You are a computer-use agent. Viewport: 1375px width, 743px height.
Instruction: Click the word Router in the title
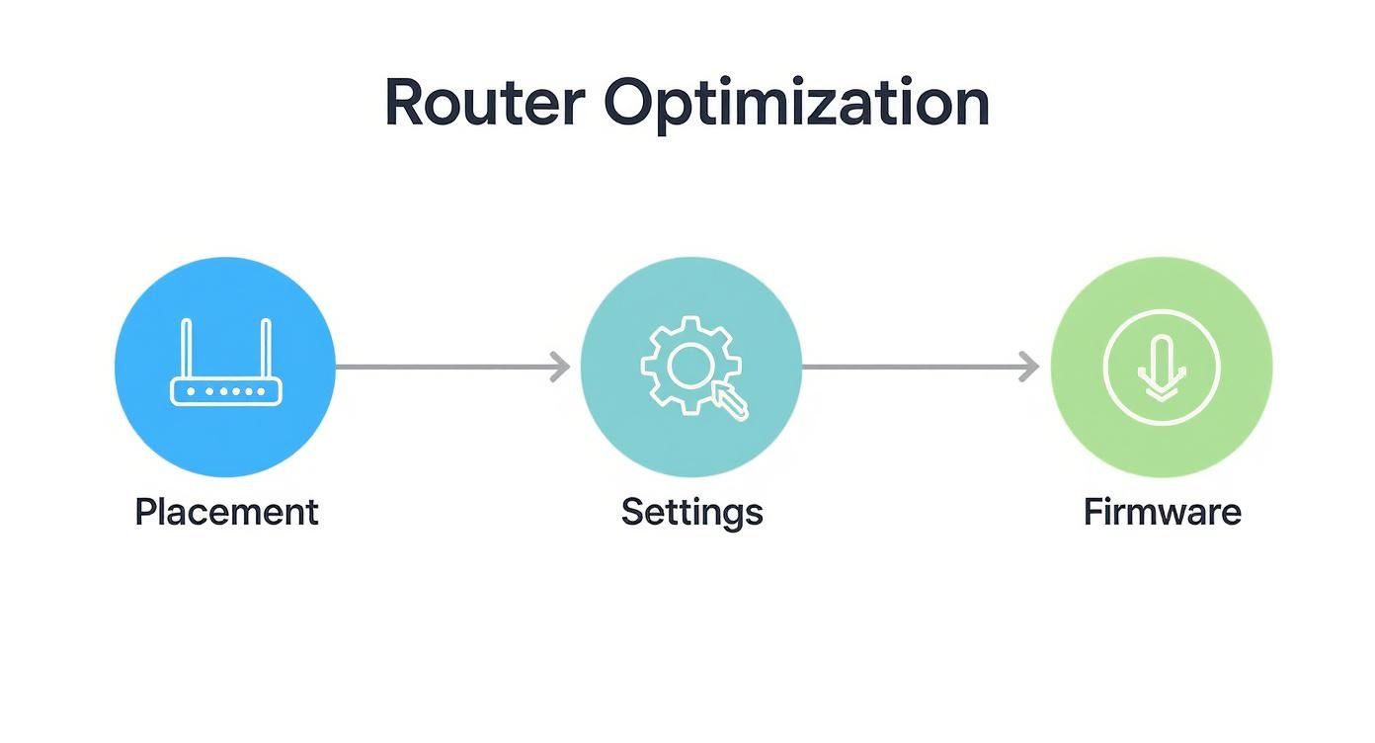click(x=483, y=102)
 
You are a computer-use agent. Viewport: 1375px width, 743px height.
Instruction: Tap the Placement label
click(x=226, y=512)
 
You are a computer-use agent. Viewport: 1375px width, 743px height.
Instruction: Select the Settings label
click(x=691, y=512)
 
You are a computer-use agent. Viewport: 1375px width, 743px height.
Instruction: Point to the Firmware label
click(x=1162, y=512)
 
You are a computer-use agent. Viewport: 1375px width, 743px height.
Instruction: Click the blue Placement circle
click(x=225, y=296)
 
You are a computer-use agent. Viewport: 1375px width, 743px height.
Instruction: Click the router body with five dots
click(x=226, y=392)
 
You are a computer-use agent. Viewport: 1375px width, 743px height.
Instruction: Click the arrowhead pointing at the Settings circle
click(x=562, y=368)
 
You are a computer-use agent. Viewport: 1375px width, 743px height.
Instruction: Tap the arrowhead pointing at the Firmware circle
click(x=1030, y=368)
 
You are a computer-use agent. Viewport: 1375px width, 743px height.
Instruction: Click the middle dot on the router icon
click(x=226, y=392)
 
